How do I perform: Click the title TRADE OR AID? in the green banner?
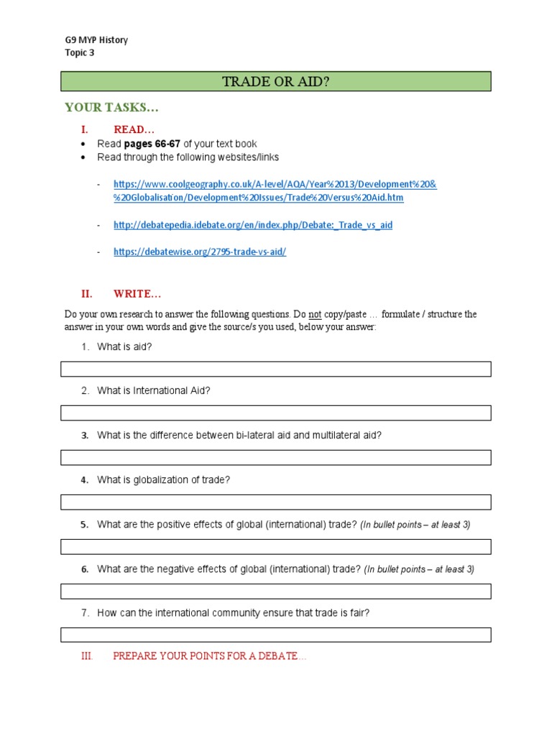pos(276,81)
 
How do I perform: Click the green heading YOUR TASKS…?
pos(111,108)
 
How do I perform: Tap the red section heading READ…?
pos(134,129)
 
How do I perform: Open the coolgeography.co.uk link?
pos(275,191)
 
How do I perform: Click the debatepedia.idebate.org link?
pos(253,225)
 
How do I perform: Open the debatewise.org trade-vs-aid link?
pos(200,252)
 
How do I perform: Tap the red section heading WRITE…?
pos(137,293)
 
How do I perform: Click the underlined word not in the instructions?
pos(315,315)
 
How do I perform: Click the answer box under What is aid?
pos(276,369)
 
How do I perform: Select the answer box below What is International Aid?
pos(276,413)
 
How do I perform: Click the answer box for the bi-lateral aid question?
pos(276,458)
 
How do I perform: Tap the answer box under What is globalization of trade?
pos(276,502)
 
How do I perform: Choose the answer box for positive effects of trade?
pos(276,547)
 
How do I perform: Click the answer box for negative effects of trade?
pos(276,591)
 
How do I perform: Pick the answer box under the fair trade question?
pos(276,635)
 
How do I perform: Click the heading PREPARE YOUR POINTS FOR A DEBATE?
pos(209,657)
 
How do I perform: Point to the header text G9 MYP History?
pos(96,40)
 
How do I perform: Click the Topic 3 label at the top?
pos(79,52)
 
